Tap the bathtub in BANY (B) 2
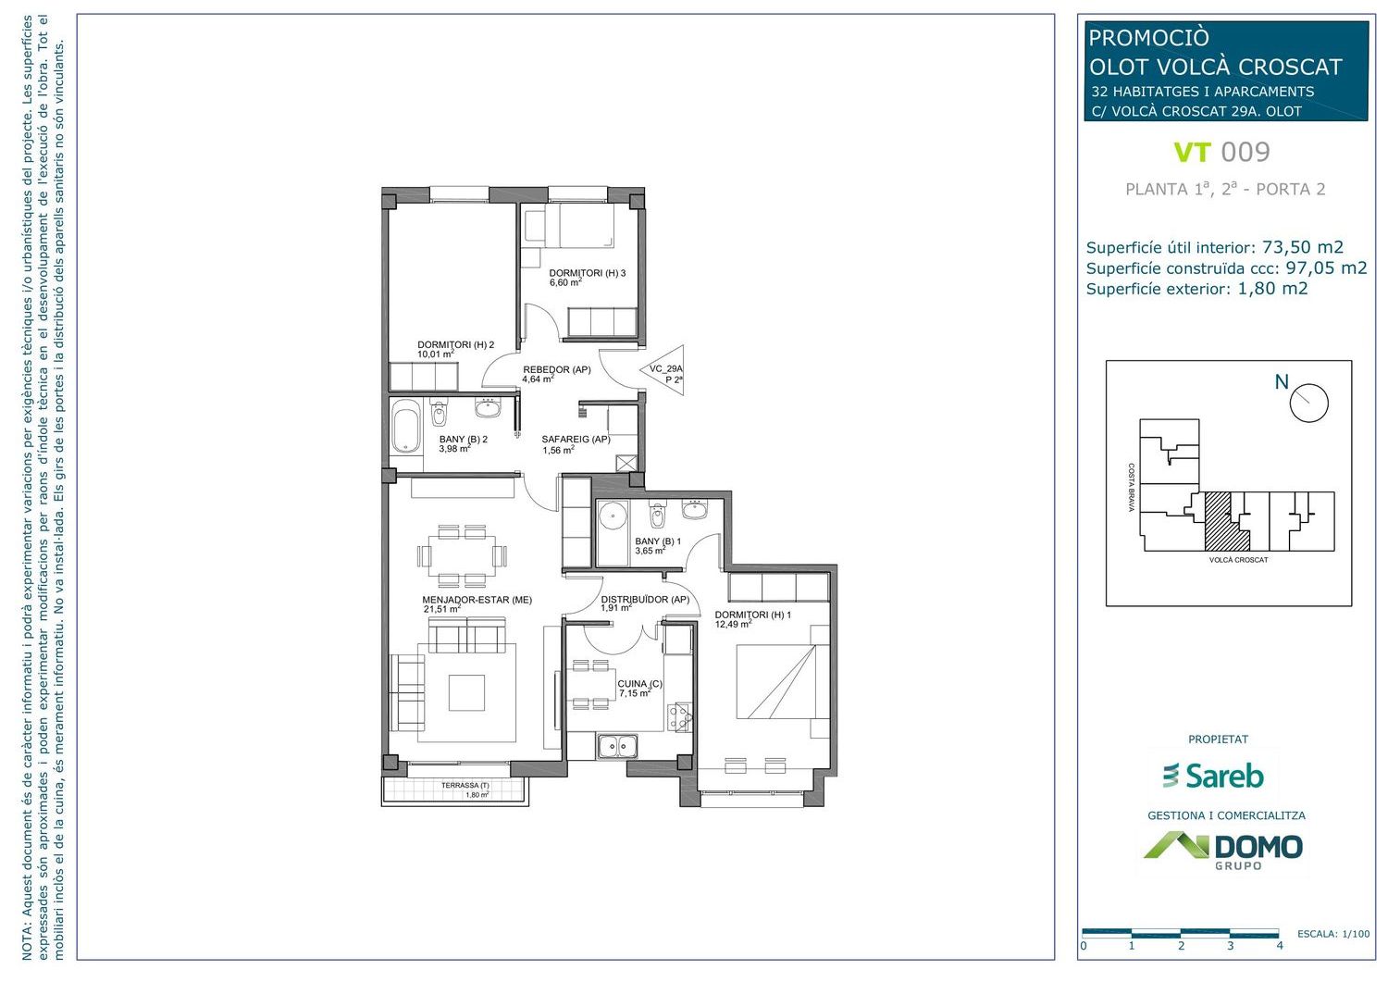point(406,427)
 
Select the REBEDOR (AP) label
point(556,369)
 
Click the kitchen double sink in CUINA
point(618,746)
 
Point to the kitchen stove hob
point(680,717)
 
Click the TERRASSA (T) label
point(465,786)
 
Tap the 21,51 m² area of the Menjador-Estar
point(441,609)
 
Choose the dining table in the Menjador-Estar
point(462,555)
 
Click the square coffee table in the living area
point(466,692)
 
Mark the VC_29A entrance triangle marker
point(663,371)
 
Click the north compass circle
point(1308,403)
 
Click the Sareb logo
point(1212,776)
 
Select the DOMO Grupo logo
point(1222,851)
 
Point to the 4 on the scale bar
point(1280,946)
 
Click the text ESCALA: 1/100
point(1333,934)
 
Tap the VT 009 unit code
point(1222,152)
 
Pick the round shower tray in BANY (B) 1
point(613,514)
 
